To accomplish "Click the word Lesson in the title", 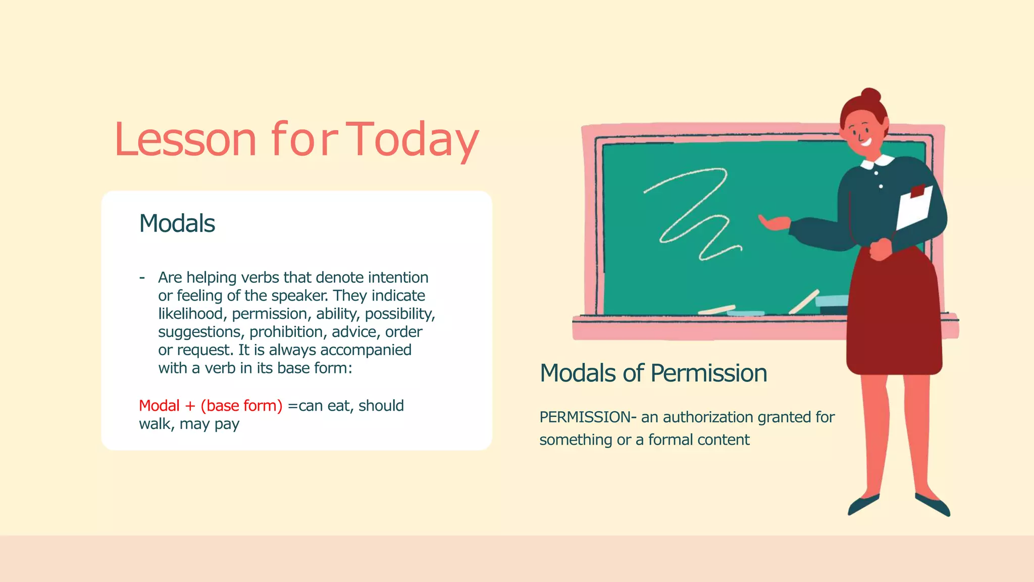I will point(186,140).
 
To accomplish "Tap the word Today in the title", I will point(413,140).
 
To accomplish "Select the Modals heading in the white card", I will point(177,223).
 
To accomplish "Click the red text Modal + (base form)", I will point(211,406).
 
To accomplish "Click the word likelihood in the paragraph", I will point(190,314).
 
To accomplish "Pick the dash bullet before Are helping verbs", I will point(142,277).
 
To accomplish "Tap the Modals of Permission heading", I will point(653,373).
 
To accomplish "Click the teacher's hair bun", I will point(870,95).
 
